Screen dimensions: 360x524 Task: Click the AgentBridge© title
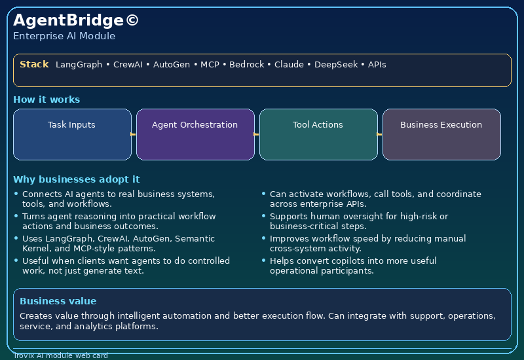[76, 20]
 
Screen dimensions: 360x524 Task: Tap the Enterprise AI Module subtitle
[64, 36]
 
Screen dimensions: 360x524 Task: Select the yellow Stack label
[34, 64]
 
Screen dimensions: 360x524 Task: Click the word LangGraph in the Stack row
[79, 65]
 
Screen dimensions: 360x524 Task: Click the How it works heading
[47, 99]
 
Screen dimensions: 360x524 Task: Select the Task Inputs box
[72, 134]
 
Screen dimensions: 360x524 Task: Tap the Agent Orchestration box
[195, 134]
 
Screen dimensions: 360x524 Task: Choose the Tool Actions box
[318, 134]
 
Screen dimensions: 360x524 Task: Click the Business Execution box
[441, 134]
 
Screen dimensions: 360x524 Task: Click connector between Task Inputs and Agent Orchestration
[134, 134]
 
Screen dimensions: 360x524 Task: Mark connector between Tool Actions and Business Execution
[380, 134]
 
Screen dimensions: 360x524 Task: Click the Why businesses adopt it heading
[76, 179]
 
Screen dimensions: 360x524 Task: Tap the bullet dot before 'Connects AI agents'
[16, 194]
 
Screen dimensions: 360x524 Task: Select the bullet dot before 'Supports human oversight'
[263, 216]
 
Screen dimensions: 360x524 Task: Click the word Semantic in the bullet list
[195, 239]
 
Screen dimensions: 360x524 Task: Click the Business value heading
[58, 301]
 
